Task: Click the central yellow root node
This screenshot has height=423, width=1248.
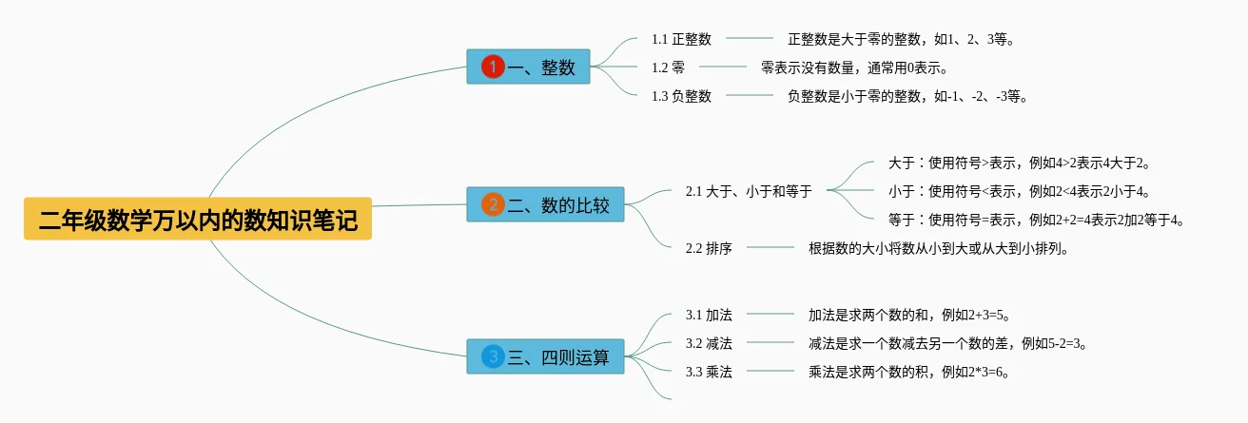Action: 198,220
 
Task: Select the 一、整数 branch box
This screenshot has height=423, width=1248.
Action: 528,67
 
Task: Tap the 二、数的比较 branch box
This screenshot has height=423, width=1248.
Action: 545,204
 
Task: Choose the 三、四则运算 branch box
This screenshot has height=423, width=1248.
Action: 545,356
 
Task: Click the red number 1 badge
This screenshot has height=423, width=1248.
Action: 493,67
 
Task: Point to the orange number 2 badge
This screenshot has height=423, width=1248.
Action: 493,204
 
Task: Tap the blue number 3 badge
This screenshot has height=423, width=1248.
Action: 493,356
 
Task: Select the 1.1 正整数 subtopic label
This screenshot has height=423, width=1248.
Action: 681,39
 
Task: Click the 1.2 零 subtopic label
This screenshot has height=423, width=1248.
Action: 668,67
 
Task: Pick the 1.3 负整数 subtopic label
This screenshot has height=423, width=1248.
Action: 681,96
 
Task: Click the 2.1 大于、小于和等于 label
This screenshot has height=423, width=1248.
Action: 749,191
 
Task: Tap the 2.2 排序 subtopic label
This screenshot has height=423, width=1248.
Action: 709,248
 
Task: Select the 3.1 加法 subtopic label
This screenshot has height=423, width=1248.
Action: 709,315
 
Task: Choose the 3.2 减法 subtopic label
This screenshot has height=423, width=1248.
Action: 709,343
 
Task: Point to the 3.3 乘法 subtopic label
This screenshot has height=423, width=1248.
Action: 709,372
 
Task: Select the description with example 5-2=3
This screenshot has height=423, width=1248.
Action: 948,343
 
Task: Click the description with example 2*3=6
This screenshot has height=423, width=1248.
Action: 908,372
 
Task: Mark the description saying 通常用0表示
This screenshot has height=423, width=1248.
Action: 855,67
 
